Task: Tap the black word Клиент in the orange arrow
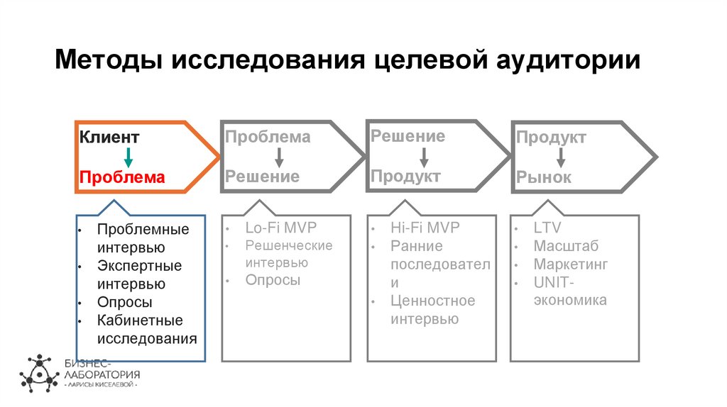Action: pos(109,137)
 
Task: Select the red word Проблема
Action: pos(121,177)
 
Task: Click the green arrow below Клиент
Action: pos(129,157)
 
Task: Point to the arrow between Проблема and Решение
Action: pos(280,157)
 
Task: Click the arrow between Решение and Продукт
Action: pos(424,156)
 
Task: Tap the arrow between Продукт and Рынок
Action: pos(561,157)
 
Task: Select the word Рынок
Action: pos(543,178)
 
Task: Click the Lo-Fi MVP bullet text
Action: pos(280,228)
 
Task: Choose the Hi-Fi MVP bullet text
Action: pos(425,228)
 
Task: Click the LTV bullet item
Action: pos(547,228)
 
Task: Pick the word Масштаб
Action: pos(566,247)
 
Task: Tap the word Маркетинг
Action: pos(571,264)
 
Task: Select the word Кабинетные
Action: pos(140,320)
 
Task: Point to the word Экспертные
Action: pos(139,266)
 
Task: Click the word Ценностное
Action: pos(432,301)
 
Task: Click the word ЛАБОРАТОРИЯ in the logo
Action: pos(102,374)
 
